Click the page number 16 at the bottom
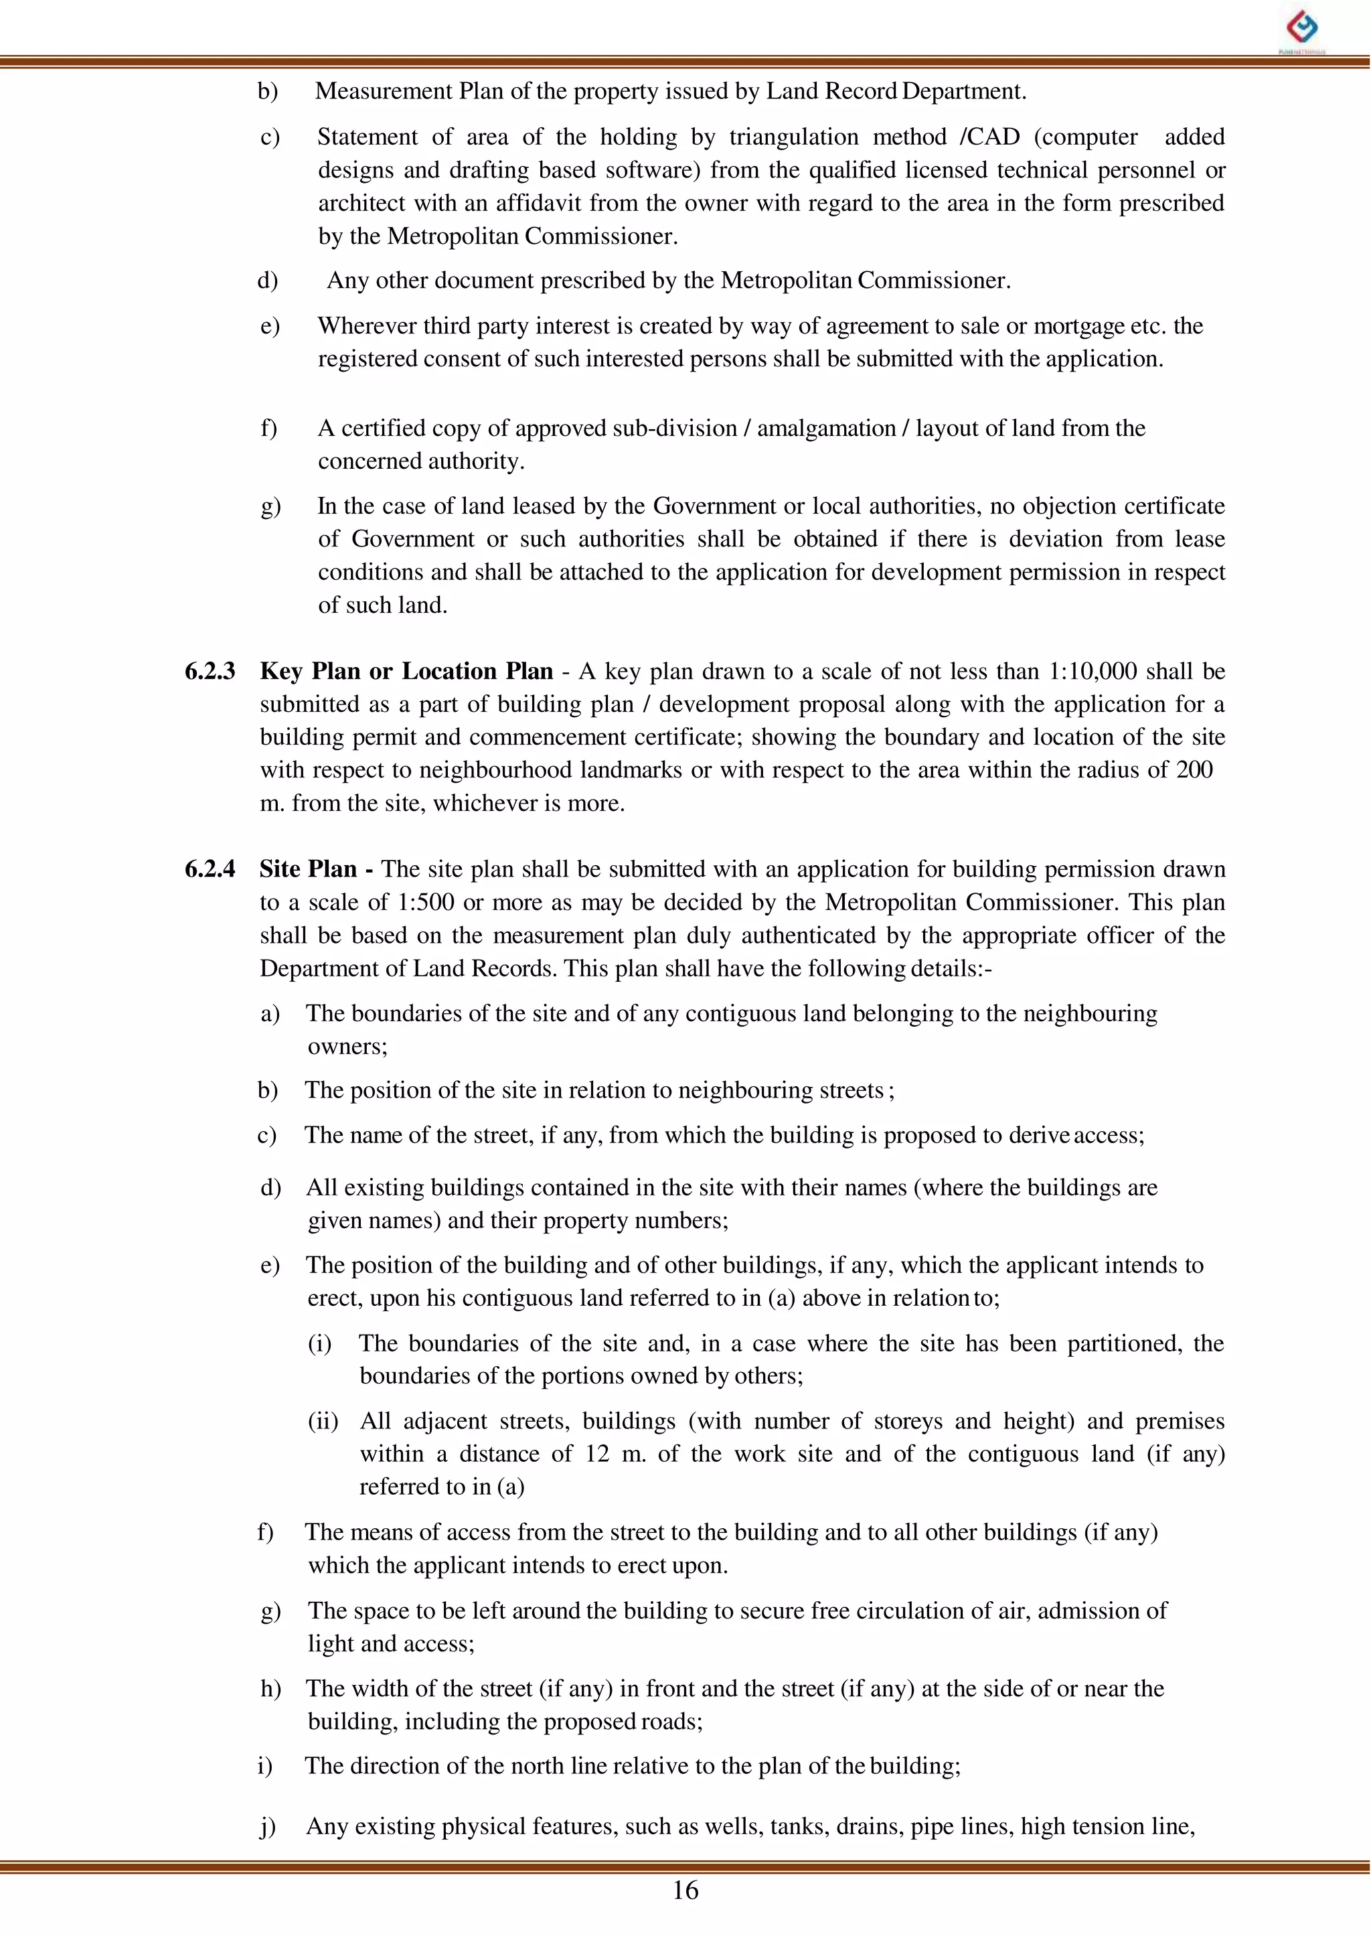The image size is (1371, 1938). pos(685,1890)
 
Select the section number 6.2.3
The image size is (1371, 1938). pos(210,671)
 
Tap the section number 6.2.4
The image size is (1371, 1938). pos(210,869)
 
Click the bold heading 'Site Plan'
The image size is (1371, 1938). pos(308,869)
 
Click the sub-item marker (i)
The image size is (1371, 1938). pos(319,1343)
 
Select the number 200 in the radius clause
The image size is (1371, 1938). pos(1194,770)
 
